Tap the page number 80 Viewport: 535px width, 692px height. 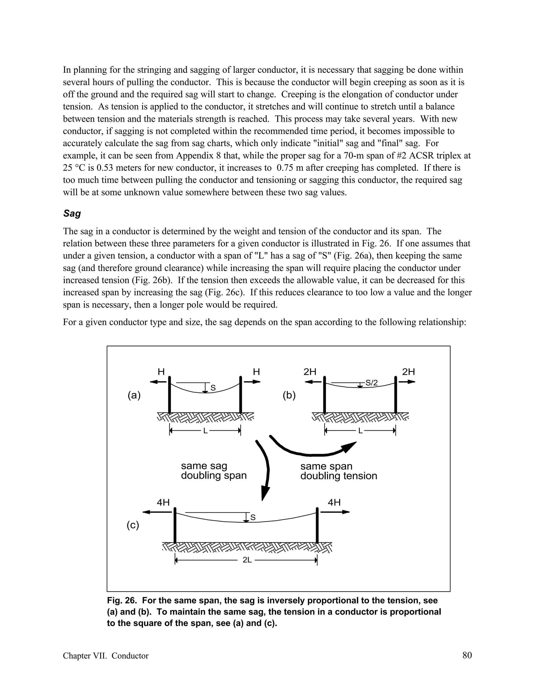tap(467, 655)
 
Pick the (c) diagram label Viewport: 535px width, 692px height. tap(133, 525)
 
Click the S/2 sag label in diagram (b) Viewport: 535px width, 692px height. tap(371, 383)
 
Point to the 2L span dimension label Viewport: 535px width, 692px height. tap(247, 560)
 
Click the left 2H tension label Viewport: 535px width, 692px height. tap(310, 372)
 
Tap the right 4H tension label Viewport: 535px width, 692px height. tap(334, 502)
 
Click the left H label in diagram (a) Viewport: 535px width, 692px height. tap(161, 372)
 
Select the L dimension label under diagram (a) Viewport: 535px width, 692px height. tap(205, 431)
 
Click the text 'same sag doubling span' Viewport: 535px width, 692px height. tap(214, 471)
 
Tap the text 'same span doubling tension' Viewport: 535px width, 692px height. tap(339, 471)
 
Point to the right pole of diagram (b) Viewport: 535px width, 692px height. tap(396, 395)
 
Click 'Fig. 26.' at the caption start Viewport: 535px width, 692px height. tap(122, 600)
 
